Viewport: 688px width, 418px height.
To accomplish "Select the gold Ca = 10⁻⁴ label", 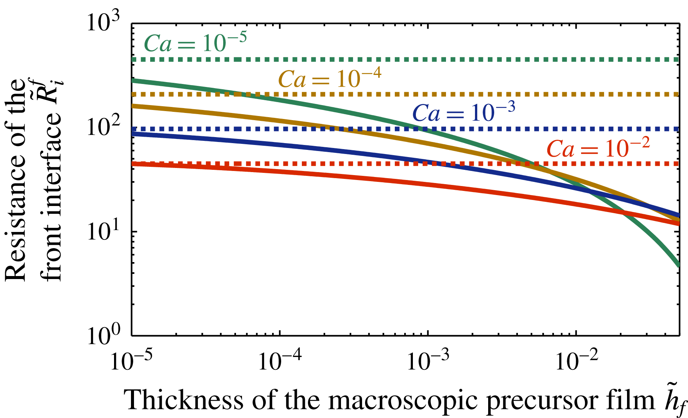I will click(330, 79).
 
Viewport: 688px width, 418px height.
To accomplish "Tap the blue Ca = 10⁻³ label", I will click(464, 112).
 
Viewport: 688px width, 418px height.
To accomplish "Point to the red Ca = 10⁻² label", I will click(598, 148).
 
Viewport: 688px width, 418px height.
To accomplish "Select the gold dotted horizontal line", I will click(489, 94).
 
